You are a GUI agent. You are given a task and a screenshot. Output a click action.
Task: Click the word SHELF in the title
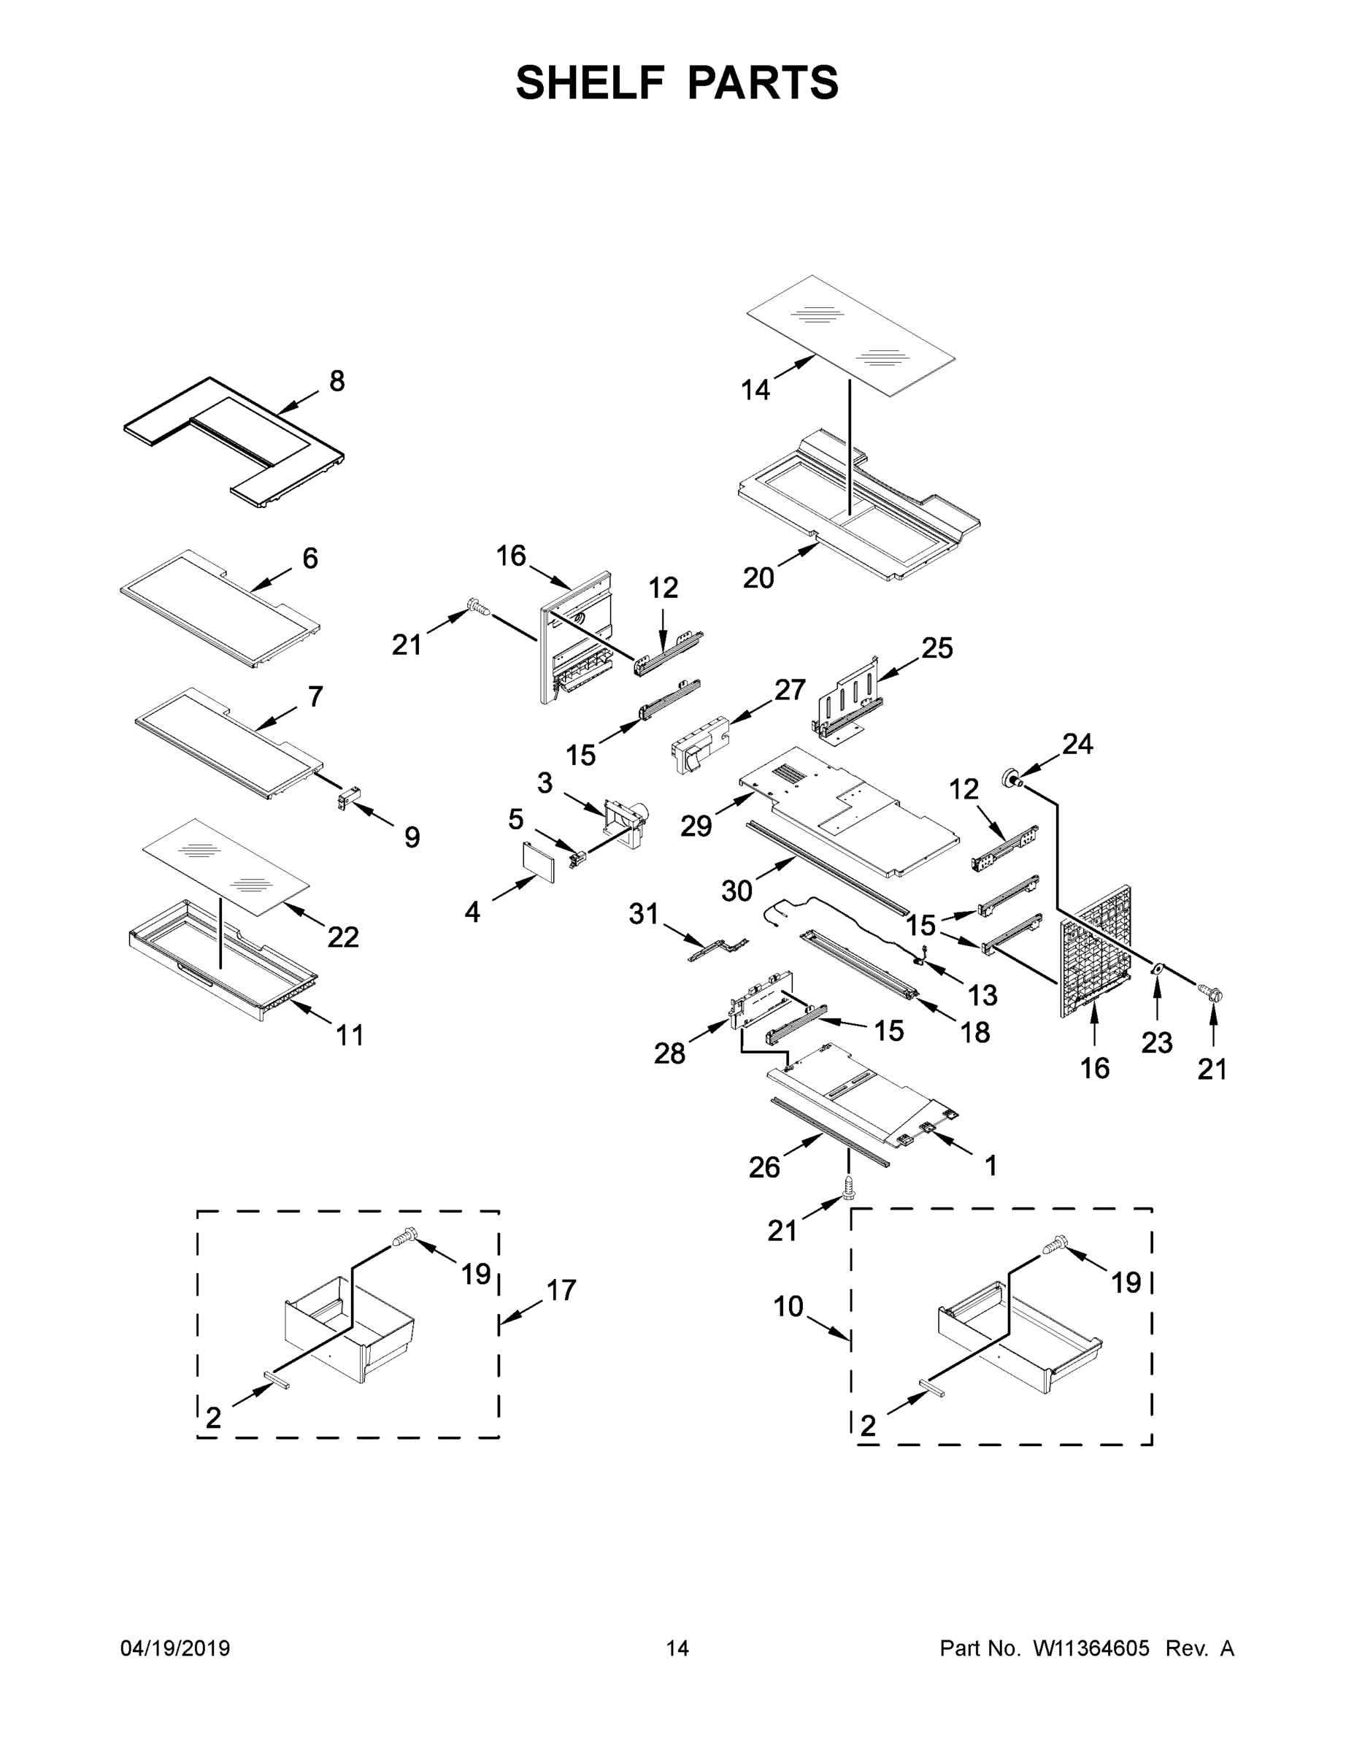click(x=591, y=82)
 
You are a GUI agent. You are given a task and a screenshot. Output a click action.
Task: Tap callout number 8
click(x=337, y=381)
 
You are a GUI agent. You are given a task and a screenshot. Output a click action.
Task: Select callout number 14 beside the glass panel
click(x=755, y=390)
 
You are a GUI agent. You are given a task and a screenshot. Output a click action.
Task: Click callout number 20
click(x=758, y=577)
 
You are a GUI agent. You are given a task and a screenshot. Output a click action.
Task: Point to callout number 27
click(x=789, y=689)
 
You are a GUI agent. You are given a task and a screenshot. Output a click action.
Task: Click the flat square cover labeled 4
click(x=537, y=861)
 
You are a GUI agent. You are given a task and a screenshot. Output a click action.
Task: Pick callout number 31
click(x=643, y=913)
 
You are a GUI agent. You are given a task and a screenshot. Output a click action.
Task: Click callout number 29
click(x=696, y=826)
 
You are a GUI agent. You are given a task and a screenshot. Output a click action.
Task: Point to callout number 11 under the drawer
click(x=350, y=1035)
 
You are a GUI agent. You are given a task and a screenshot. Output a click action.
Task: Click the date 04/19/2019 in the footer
click(x=175, y=1648)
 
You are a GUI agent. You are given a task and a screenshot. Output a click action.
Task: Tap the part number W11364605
click(x=1091, y=1648)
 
